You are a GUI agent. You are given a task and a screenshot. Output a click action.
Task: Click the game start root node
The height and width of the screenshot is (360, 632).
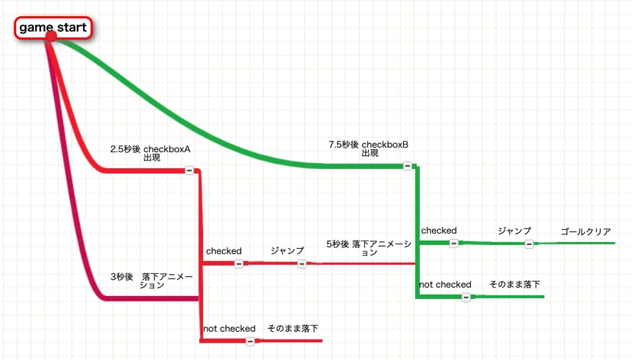pyautogui.click(x=53, y=27)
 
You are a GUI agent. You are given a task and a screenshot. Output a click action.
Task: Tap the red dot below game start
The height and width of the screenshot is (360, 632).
pyautogui.click(x=51, y=37)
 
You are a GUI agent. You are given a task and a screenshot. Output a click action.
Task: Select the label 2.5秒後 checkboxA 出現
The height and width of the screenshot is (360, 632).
pyautogui.click(x=151, y=154)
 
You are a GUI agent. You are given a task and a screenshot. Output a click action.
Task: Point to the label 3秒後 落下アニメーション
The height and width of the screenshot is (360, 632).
pyautogui.click(x=152, y=280)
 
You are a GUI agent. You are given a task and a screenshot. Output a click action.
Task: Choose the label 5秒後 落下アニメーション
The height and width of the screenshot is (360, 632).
pyautogui.click(x=369, y=247)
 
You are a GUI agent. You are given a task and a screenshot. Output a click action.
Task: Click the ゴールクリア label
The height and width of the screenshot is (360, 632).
pyautogui.click(x=585, y=231)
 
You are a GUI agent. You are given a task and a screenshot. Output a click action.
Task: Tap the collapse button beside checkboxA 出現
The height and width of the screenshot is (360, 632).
pyautogui.click(x=189, y=170)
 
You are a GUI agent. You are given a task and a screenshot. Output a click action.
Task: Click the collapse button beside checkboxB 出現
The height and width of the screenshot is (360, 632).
pyautogui.click(x=407, y=165)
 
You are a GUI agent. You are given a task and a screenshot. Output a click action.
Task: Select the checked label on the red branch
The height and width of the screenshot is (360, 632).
pyautogui.click(x=224, y=250)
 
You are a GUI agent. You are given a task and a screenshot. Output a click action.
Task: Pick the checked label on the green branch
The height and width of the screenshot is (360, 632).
pyautogui.click(x=439, y=230)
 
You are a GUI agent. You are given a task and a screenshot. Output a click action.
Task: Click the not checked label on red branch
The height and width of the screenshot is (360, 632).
pyautogui.click(x=229, y=328)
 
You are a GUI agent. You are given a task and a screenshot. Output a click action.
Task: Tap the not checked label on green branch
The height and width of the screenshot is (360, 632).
pyautogui.click(x=445, y=284)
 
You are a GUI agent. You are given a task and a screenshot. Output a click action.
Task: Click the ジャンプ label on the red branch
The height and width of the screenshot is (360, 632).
pyautogui.click(x=287, y=250)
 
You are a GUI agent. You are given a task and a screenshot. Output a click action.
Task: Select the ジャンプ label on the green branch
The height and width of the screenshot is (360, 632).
pyautogui.click(x=514, y=230)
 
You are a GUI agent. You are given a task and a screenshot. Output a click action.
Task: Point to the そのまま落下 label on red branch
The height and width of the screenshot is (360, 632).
pyautogui.click(x=293, y=328)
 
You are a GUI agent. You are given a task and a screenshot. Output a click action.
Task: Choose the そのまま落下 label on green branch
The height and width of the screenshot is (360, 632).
pyautogui.click(x=514, y=284)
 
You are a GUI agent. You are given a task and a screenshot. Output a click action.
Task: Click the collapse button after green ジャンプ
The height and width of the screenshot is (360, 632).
pyautogui.click(x=529, y=244)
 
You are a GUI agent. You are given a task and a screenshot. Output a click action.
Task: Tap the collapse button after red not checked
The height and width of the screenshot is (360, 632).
pyautogui.click(x=250, y=341)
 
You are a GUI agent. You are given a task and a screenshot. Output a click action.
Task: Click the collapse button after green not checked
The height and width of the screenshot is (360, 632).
pyautogui.click(x=466, y=297)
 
